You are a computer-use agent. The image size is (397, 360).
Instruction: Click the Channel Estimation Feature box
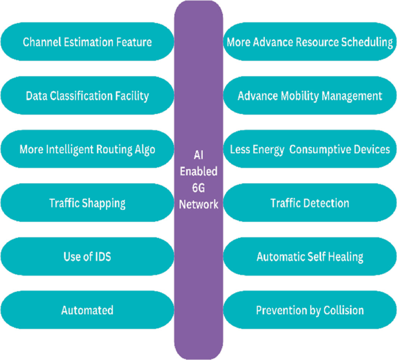(x=87, y=42)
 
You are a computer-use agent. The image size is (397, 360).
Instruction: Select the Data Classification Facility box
(x=87, y=96)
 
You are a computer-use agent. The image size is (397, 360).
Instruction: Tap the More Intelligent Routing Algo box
(x=87, y=149)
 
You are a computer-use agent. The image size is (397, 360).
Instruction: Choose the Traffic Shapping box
(x=87, y=203)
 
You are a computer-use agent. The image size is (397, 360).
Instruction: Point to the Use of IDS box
(x=87, y=256)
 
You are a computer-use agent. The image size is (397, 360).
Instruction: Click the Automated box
(x=87, y=310)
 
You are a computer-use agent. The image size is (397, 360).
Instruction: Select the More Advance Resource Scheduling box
(x=309, y=42)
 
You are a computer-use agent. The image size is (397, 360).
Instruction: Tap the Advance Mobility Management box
(x=309, y=96)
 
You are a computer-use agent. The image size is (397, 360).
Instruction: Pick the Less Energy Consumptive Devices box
(x=309, y=149)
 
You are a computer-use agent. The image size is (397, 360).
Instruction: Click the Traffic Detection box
(x=309, y=203)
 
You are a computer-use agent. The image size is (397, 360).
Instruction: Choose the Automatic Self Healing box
(x=309, y=256)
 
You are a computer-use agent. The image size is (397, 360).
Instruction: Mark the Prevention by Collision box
(x=309, y=310)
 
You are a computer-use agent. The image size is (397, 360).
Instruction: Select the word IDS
(x=101, y=256)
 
